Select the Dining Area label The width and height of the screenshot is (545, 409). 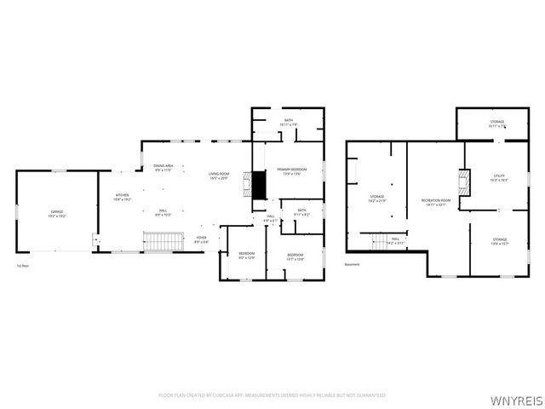point(163,167)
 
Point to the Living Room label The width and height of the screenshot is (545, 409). point(219,176)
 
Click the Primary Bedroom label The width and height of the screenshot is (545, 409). point(291,171)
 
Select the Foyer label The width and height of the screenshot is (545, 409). point(201,239)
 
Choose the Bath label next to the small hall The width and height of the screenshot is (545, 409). point(301,211)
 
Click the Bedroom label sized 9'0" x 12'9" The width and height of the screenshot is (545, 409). point(245,255)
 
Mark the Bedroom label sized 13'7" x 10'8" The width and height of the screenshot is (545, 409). point(295,256)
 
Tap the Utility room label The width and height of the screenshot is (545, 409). point(499,179)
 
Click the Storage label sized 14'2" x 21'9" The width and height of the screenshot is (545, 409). point(377,198)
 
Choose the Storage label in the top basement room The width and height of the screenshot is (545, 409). point(496,124)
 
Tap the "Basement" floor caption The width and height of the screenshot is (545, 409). point(353,265)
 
